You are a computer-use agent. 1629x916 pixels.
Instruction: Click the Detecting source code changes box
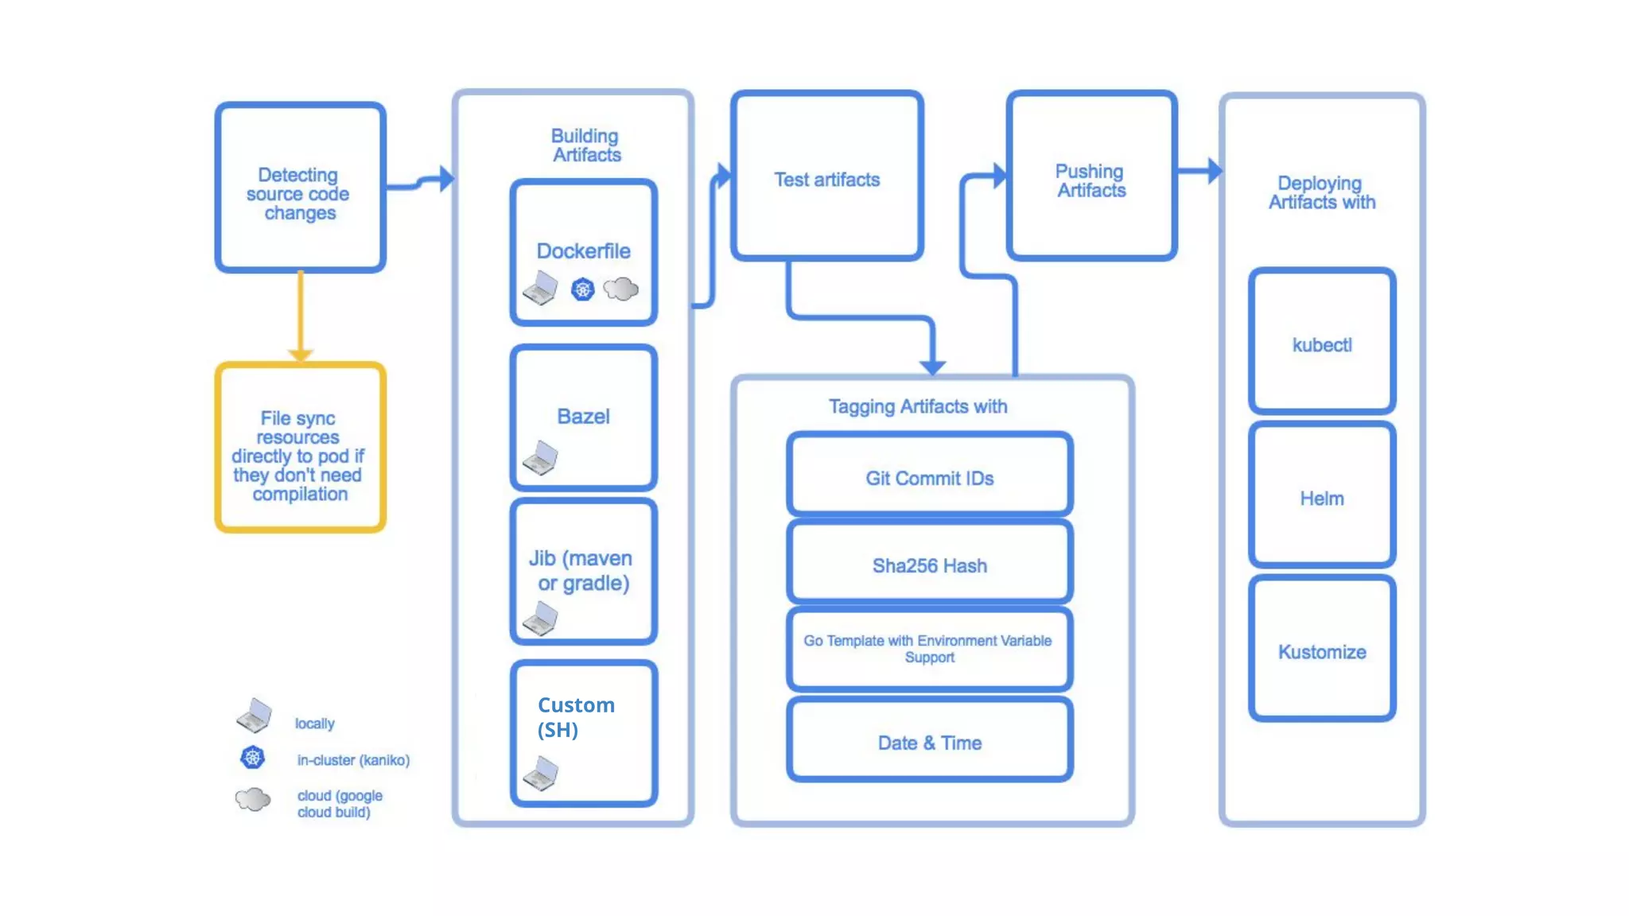pyautogui.click(x=300, y=188)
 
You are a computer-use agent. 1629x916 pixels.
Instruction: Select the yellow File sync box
pyautogui.click(x=300, y=448)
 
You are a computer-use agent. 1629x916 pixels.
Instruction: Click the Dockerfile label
pyautogui.click(x=583, y=251)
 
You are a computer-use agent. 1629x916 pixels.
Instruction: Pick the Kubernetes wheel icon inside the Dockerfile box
pyautogui.click(x=582, y=289)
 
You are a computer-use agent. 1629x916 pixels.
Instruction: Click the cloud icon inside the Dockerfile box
pyautogui.click(x=620, y=289)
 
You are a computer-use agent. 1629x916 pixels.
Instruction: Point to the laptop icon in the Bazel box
pyautogui.click(x=540, y=458)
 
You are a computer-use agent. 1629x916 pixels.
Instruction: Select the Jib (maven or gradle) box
pyautogui.click(x=583, y=572)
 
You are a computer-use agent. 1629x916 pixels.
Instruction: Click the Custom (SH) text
pyautogui.click(x=576, y=717)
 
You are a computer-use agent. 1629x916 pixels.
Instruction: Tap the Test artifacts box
pyautogui.click(x=826, y=177)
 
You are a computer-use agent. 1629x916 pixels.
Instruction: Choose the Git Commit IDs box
pyautogui.click(x=929, y=477)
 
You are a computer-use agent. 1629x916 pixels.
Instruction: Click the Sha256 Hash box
pyautogui.click(x=929, y=565)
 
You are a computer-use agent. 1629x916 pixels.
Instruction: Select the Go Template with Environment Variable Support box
pyautogui.click(x=929, y=649)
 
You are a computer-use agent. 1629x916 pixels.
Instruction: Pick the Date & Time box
pyautogui.click(x=929, y=742)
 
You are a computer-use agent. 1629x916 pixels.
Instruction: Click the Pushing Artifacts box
pyautogui.click(x=1091, y=177)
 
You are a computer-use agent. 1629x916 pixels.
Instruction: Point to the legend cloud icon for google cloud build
pyautogui.click(x=253, y=799)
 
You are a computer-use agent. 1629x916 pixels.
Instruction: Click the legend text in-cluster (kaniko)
pyautogui.click(x=353, y=760)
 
